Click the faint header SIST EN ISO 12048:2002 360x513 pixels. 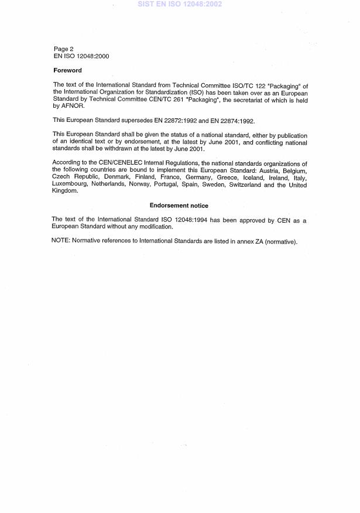pos(180,4)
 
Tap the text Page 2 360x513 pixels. pos(64,49)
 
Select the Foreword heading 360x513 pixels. pos(68,70)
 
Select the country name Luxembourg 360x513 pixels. pos(70,184)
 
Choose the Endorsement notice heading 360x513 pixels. pos(179,206)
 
